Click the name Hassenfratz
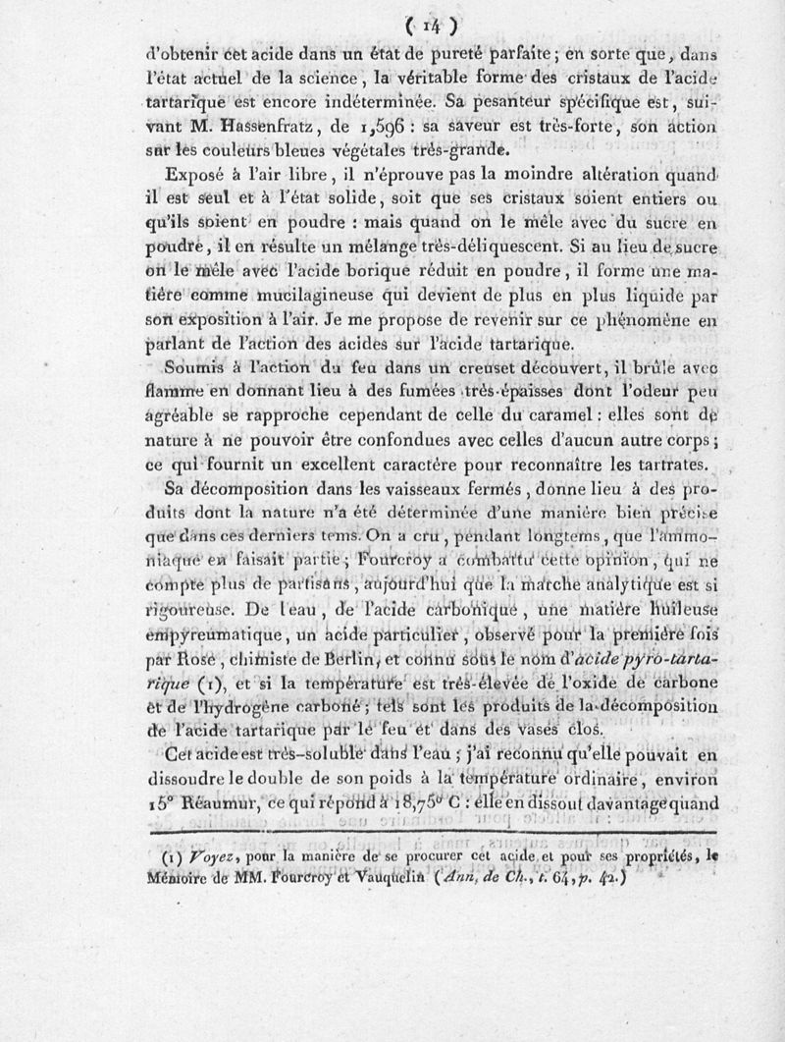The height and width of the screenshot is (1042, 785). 241,127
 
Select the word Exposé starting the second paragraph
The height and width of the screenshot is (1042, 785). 198,177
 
